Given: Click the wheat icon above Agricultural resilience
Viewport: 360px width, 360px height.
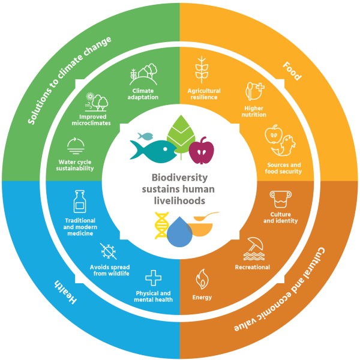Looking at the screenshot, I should click(x=202, y=71).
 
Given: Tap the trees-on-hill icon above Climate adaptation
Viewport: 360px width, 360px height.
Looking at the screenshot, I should click(x=143, y=77).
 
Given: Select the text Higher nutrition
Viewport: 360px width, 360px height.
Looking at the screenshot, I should click(x=254, y=110).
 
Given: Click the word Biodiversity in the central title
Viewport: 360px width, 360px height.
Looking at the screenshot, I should click(x=178, y=178).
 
